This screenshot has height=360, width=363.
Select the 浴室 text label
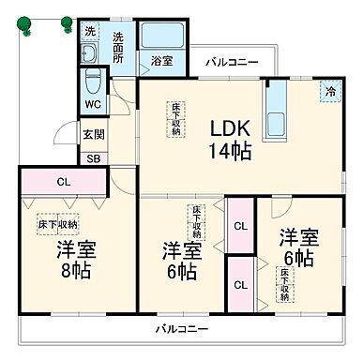pyautogui.click(x=161, y=61)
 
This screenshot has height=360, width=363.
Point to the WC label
pyautogui.click(x=92, y=105)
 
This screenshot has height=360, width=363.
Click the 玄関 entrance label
pyautogui.click(x=93, y=135)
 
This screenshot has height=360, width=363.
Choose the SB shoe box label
pyautogui.click(x=93, y=158)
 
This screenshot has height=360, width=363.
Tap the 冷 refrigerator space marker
pyautogui.click(x=329, y=92)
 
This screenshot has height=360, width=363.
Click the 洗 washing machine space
pyautogui.click(x=90, y=32)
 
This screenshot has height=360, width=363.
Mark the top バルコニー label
pyautogui.click(x=232, y=61)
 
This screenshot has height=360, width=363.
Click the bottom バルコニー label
pyautogui.click(x=181, y=329)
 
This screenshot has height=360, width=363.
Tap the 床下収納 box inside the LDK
pyautogui.click(x=175, y=120)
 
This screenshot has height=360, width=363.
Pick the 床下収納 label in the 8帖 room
pyautogui.click(x=58, y=225)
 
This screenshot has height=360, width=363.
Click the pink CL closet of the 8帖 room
pyautogui.click(x=61, y=182)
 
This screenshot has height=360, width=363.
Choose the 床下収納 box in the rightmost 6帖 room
pyautogui.click(x=285, y=285)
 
